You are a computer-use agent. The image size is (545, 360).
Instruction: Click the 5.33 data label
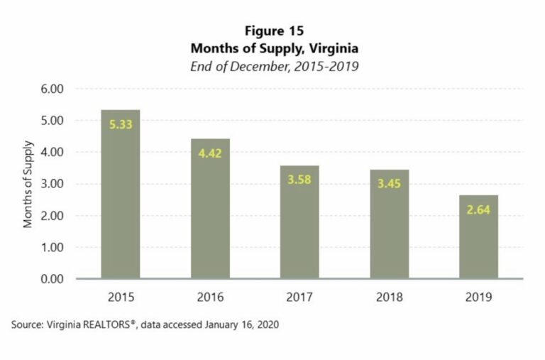coord(120,124)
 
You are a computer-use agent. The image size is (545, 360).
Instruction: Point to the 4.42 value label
coord(209,153)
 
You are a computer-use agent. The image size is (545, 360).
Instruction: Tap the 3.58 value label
coord(299,180)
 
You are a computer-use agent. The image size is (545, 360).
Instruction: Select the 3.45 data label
coord(389,184)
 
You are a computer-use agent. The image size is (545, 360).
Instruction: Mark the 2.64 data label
coord(478,209)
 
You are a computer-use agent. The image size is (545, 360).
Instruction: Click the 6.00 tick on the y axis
coord(53,89)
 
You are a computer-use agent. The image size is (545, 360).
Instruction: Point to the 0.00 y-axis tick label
coord(53,279)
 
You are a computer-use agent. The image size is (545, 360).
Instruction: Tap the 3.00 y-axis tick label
coord(53,184)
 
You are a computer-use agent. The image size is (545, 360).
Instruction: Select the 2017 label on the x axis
coord(299,295)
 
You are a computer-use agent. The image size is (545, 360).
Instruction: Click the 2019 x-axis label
coord(478,295)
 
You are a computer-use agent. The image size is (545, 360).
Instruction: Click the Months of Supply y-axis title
coord(28,184)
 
